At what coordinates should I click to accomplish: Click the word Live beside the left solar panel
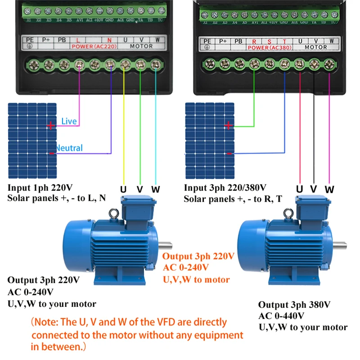[69, 121]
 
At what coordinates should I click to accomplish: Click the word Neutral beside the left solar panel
[69, 148]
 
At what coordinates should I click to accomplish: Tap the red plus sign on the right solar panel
[229, 126]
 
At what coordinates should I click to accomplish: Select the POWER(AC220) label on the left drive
[88, 46]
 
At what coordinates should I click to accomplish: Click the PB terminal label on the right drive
[238, 41]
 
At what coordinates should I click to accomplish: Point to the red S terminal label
[269, 41]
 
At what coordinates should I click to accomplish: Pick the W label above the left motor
[156, 189]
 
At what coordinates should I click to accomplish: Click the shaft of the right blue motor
[341, 246]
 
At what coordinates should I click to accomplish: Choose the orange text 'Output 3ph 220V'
[198, 256]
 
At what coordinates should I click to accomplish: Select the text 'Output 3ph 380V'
[294, 305]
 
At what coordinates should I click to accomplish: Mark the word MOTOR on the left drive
[142, 46]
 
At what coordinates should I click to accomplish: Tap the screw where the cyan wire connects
[155, 65]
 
